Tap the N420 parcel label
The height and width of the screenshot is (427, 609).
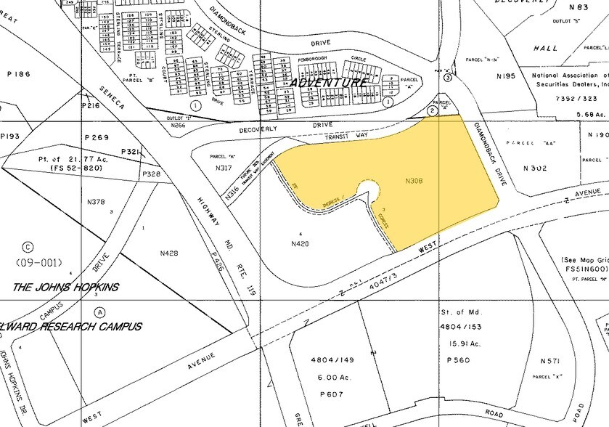301,243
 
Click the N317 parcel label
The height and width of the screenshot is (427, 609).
223,168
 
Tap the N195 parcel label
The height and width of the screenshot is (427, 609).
505,76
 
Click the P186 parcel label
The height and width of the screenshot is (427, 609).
20,74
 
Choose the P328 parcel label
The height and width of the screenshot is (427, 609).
152,174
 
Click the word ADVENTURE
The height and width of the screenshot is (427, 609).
327,83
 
